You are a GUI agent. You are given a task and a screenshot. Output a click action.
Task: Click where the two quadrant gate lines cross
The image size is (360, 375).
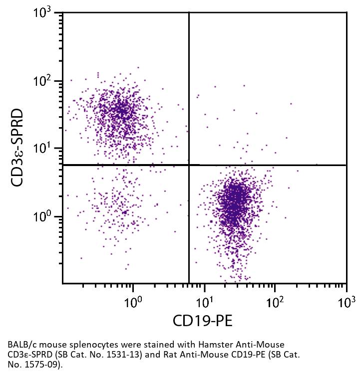coord(189,165)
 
